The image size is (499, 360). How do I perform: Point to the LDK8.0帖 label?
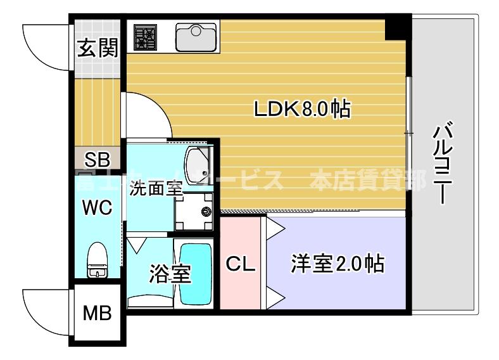tap(302, 110)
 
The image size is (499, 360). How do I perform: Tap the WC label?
tap(96, 207)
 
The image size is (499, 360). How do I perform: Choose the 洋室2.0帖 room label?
tap(337, 263)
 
